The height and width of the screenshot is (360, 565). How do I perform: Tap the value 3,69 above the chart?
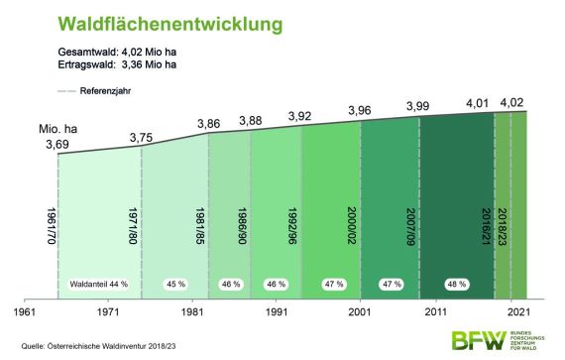[57, 147]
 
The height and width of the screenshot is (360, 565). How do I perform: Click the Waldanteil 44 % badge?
[98, 284]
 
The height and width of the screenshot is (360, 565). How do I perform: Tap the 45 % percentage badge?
[176, 284]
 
